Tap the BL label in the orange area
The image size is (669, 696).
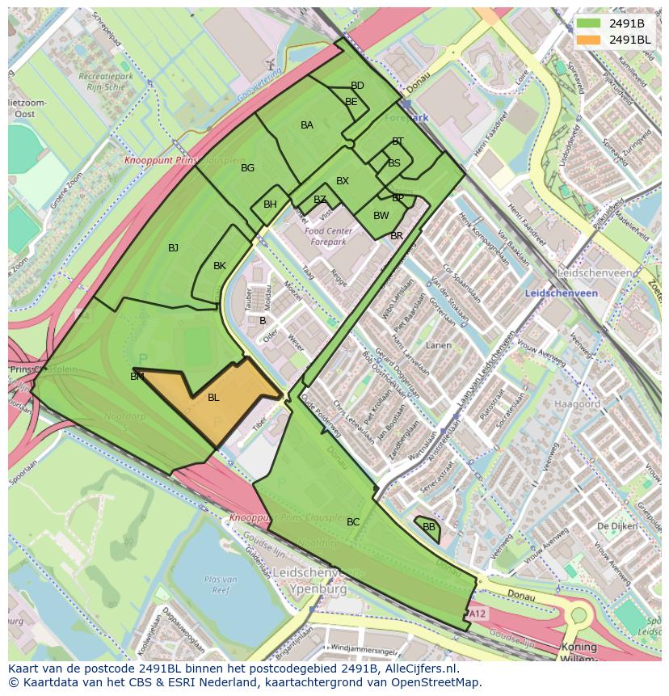(213, 397)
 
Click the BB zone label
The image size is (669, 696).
(429, 527)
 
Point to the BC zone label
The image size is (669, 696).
(353, 522)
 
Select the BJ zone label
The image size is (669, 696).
(173, 248)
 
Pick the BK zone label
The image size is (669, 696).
(220, 266)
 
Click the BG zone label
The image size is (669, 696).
(247, 168)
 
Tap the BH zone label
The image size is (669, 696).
(270, 205)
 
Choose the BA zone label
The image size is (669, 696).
(307, 125)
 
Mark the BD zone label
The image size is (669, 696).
(357, 86)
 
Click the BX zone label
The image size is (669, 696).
(343, 181)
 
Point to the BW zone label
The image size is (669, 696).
(381, 216)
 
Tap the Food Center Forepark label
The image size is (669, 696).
(325, 236)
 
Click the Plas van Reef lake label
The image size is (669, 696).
(220, 584)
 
